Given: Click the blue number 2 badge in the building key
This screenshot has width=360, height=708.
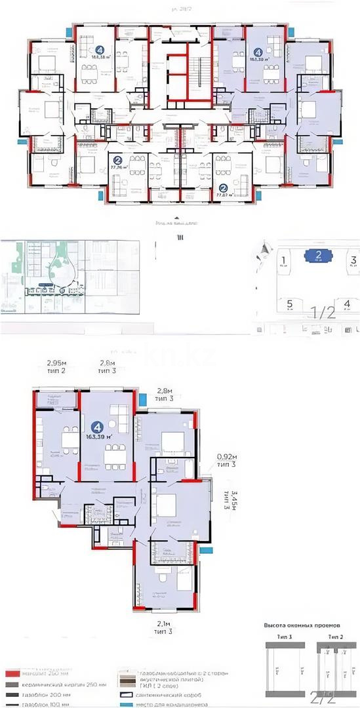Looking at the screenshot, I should click(x=317, y=256).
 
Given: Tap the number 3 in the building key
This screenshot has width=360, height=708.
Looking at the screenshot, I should click(x=353, y=260).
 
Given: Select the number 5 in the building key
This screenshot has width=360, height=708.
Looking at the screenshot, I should click(x=289, y=304).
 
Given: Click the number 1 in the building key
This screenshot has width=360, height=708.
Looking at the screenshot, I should click(x=283, y=260).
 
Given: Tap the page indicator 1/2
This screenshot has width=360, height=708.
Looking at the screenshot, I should click(x=323, y=313).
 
